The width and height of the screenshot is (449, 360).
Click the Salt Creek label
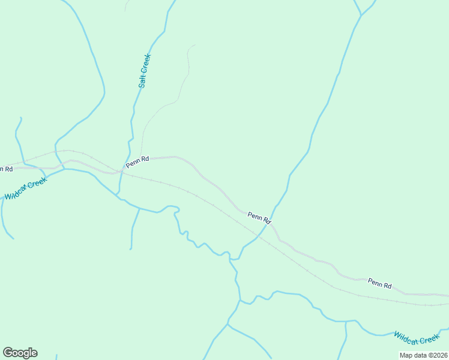[144, 71]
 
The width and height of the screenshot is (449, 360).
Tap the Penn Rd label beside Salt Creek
[137, 162]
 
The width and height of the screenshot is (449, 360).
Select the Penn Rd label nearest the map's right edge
[379, 284]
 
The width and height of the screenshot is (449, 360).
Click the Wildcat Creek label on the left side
[25, 189]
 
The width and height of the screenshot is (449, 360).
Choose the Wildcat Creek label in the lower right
[417, 338]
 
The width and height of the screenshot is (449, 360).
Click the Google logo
[20, 353]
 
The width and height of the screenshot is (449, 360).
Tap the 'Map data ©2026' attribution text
[423, 355]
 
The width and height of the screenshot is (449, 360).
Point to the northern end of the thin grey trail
[193, 45]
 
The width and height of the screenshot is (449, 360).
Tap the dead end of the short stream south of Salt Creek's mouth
[131, 248]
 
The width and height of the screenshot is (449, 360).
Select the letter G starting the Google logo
[7, 353]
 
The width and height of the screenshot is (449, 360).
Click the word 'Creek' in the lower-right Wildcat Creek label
[429, 340]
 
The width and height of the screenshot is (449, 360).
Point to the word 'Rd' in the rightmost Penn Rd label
[388, 286]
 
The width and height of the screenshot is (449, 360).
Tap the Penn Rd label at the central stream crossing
[259, 218]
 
